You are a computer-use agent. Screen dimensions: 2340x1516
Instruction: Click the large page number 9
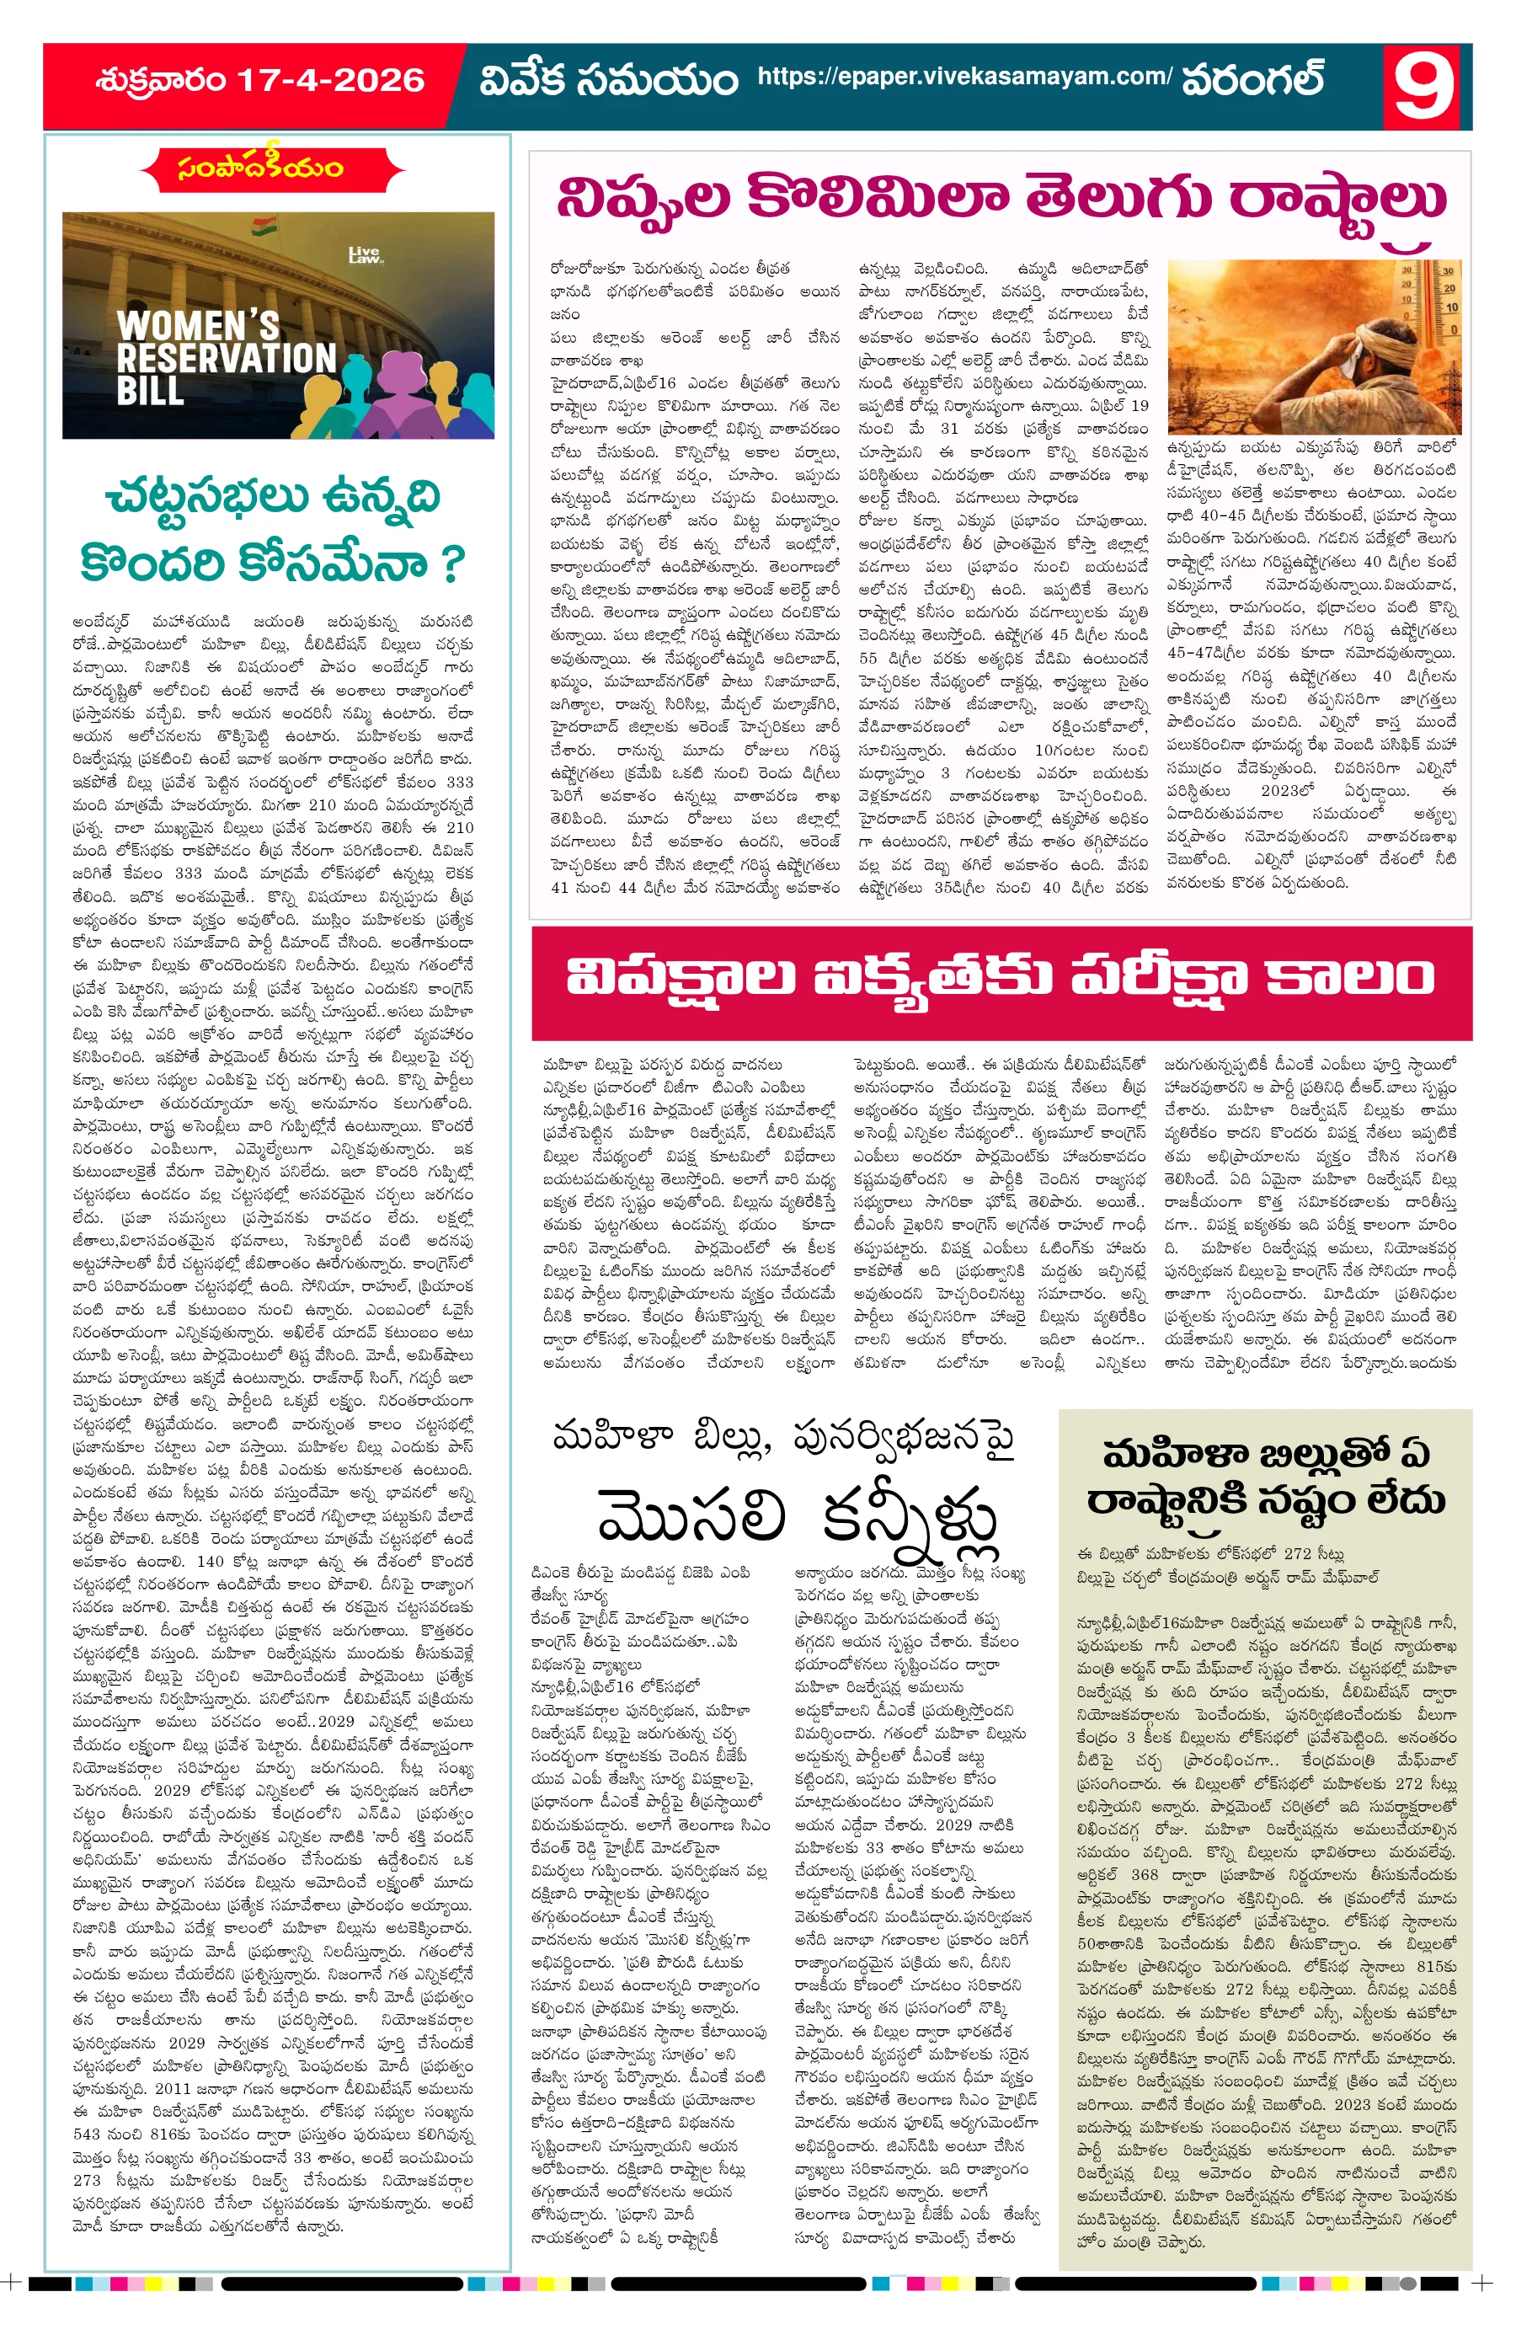pyautogui.click(x=1422, y=87)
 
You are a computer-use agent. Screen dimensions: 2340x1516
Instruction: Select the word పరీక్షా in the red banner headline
pyautogui.click(x=1156, y=977)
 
